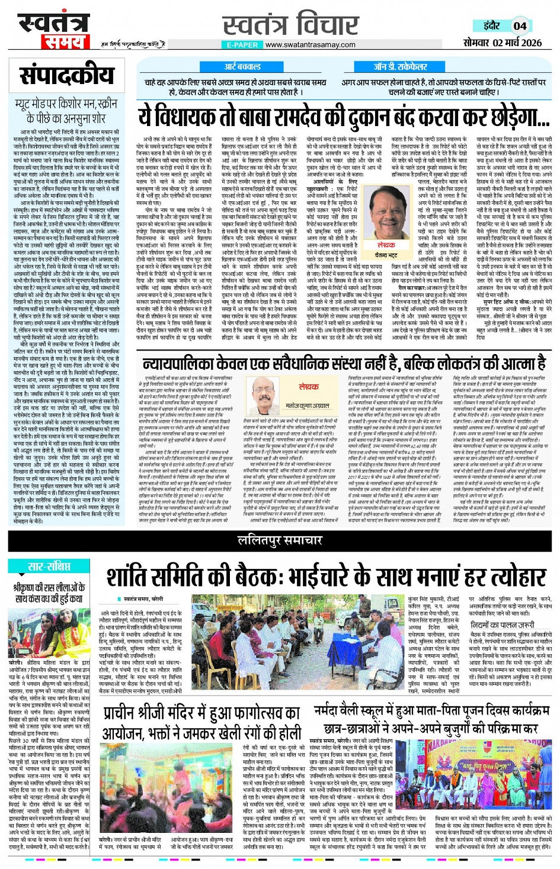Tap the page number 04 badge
point(520,26)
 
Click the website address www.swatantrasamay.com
point(310,44)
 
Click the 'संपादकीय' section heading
point(66,76)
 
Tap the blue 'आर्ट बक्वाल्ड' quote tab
point(242,67)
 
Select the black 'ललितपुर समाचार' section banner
point(280,539)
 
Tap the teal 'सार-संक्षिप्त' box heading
point(49,567)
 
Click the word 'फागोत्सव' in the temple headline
point(256,713)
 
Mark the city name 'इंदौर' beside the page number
point(491,26)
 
